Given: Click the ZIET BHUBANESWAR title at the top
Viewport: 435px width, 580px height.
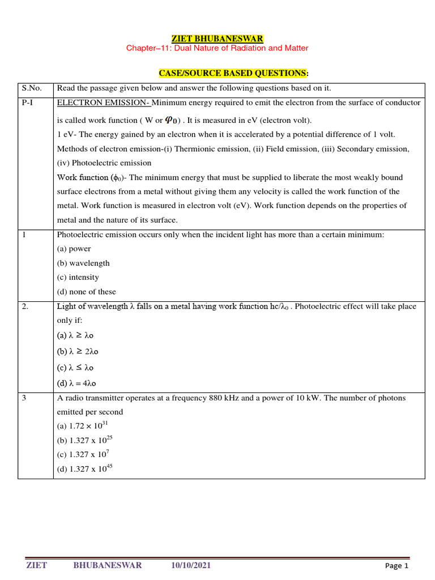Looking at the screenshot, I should (217, 39).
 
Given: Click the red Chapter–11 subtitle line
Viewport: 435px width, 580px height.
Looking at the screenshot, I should (217, 48).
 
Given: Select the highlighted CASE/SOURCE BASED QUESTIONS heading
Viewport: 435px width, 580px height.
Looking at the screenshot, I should (233, 74).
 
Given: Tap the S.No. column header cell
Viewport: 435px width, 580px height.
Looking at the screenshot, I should (32, 88).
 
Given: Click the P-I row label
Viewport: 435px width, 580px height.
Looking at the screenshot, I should (28, 103).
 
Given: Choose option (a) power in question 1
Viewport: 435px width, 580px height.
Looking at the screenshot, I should (74, 249).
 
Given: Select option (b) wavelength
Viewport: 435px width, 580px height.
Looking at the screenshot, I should (83, 263).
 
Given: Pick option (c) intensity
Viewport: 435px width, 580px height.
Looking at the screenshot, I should (78, 278).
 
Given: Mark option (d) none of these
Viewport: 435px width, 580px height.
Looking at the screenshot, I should (86, 292).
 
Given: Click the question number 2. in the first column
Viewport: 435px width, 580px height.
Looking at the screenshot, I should (25, 306).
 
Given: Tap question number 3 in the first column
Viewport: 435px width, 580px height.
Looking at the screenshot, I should (24, 398).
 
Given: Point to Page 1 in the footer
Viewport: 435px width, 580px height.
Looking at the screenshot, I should (396, 566).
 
